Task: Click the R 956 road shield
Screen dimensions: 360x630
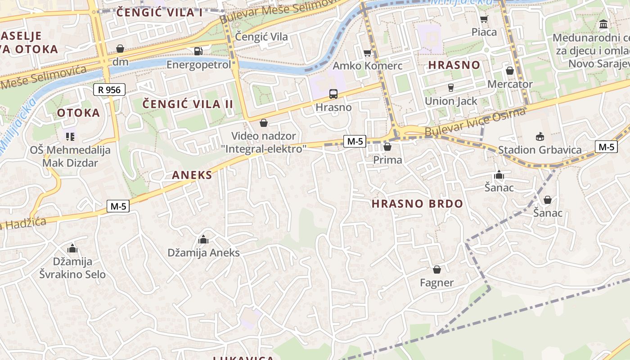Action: [109, 90]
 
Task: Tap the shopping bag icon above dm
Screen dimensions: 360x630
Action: [120, 48]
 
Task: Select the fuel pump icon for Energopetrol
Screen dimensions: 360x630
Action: [198, 51]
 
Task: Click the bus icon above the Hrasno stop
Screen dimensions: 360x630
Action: [333, 94]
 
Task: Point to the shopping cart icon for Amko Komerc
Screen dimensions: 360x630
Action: [368, 53]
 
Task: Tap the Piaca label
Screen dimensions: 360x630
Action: [484, 32]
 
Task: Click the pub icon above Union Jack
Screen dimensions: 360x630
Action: [451, 87]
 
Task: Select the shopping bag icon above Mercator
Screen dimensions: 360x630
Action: [510, 71]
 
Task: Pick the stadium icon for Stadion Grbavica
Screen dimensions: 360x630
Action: [540, 136]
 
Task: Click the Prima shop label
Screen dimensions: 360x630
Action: [387, 160]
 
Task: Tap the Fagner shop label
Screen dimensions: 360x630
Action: [436, 283]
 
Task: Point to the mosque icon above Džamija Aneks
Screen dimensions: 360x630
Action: [203, 239]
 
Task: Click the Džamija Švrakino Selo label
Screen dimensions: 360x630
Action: [72, 268]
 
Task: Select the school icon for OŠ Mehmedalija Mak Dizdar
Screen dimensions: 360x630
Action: [70, 136]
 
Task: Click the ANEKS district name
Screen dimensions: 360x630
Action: [192, 175]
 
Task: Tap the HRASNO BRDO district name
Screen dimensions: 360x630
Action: [417, 204]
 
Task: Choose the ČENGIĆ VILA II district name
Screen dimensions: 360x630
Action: [188, 104]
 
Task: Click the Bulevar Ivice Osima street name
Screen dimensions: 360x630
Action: [475, 122]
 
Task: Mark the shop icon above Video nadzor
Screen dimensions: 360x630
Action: [264, 123]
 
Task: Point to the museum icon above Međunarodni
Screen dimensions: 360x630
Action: [603, 24]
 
